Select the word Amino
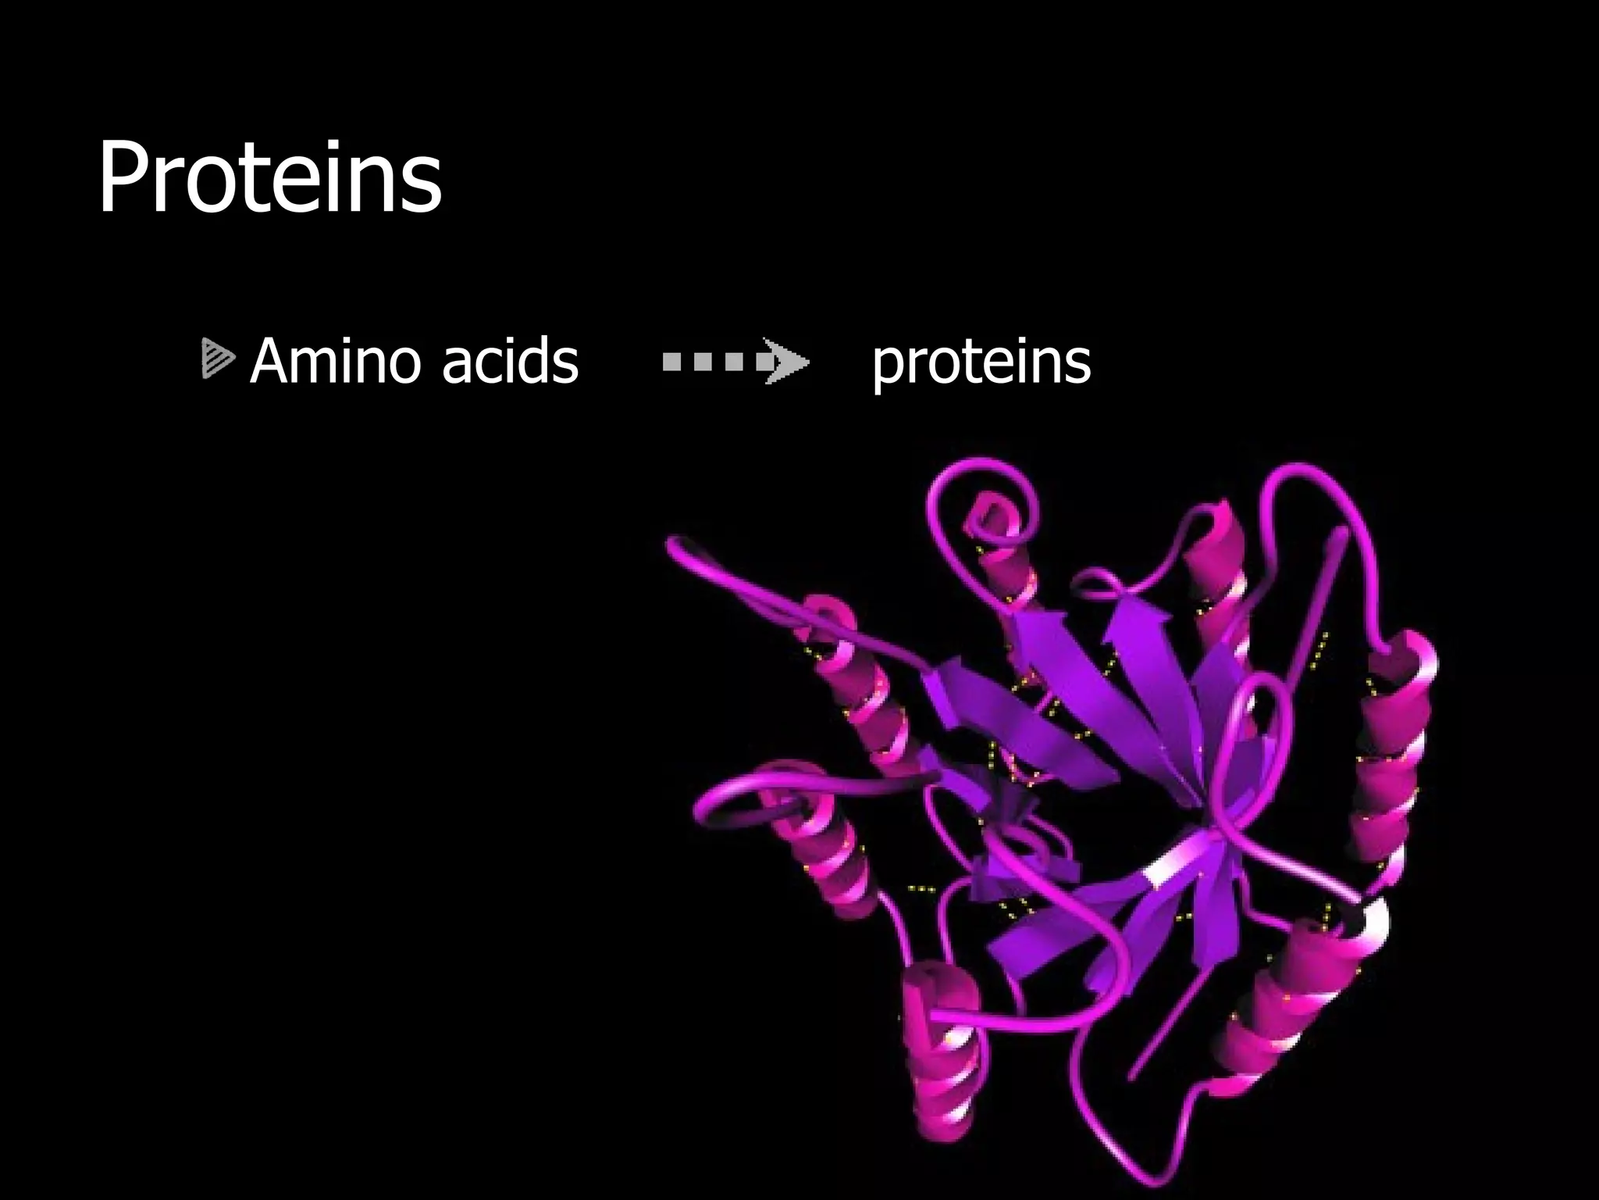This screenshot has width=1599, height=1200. pos(340,362)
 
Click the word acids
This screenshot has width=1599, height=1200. pos(510,362)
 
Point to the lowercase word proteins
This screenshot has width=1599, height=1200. pos(981,363)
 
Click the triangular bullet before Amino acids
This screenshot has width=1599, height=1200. pos(216,359)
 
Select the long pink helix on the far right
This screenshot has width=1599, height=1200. pos(1394,766)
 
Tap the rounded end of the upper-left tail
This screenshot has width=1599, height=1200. pos(678,547)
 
